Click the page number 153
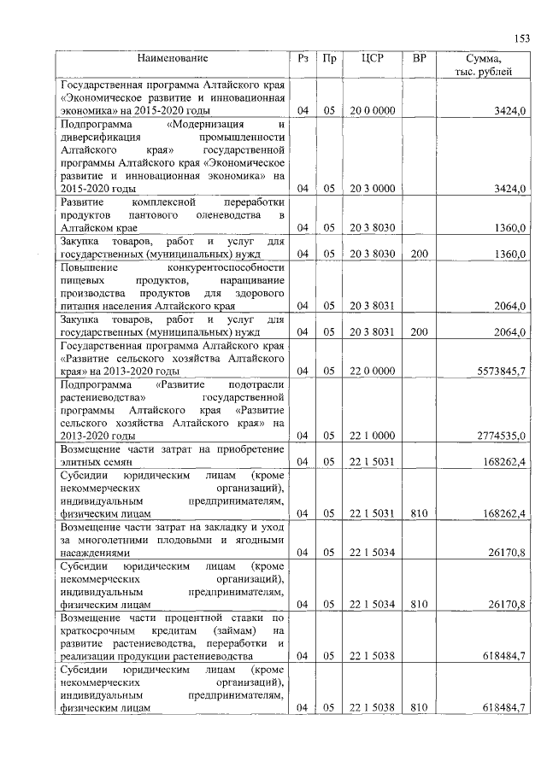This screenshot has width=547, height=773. [521, 37]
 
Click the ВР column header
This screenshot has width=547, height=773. [419, 59]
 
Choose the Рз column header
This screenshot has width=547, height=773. [303, 59]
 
